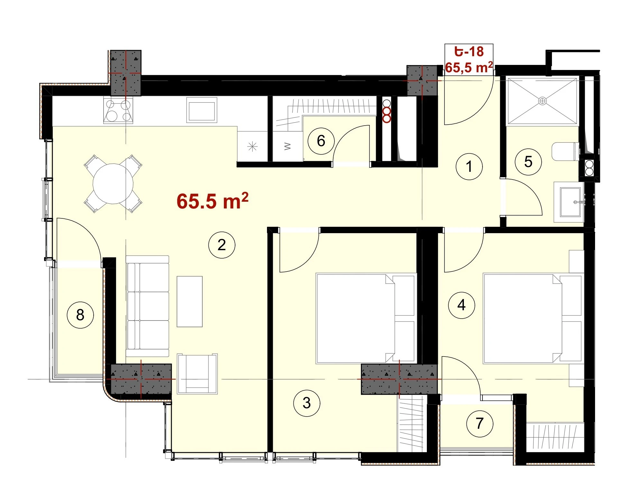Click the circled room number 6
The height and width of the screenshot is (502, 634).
click(321, 141)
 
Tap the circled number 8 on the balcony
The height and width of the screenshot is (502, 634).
click(80, 315)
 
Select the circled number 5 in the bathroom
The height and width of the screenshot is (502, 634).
click(528, 162)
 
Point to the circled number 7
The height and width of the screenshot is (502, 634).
click(480, 423)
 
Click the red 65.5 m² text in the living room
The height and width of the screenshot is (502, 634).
click(213, 201)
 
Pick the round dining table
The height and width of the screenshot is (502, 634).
click(113, 184)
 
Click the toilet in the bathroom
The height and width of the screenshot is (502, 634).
click(565, 152)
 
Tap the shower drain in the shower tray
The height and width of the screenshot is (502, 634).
click(542, 101)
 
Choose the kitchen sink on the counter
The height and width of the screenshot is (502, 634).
click(202, 110)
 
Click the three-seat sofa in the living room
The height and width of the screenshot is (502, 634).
click(147, 306)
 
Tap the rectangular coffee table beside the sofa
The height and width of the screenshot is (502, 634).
click(189, 302)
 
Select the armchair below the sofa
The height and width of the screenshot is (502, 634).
click(197, 374)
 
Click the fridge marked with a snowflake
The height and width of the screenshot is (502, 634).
click(253, 146)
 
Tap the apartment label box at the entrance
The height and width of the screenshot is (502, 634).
click(469, 60)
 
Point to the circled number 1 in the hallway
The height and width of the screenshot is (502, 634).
click(469, 166)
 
